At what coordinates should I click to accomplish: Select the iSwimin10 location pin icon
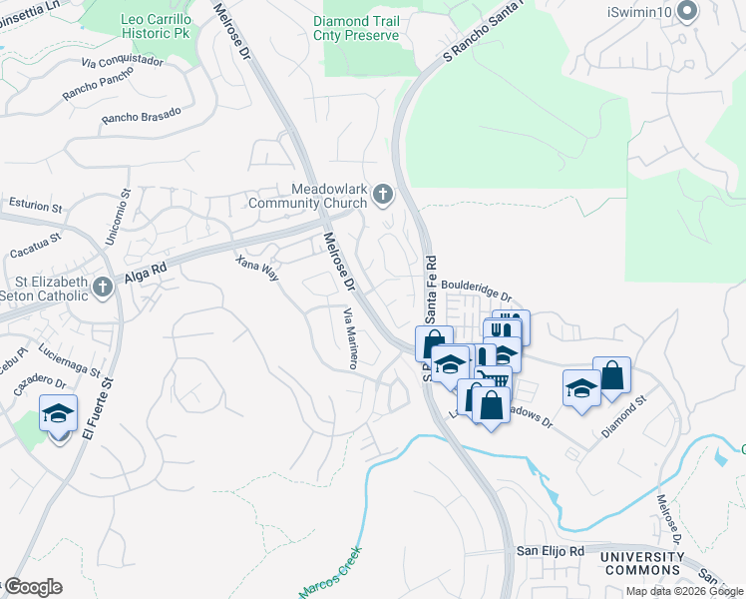tap(686, 11)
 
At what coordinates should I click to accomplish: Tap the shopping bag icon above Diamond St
tap(611, 376)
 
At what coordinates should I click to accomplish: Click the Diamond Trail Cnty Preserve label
tap(356, 28)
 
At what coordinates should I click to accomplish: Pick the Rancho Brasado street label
tap(141, 115)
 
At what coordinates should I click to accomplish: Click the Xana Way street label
tap(256, 269)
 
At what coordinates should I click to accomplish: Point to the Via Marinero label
tap(350, 339)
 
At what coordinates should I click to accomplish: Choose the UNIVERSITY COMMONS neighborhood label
tap(643, 564)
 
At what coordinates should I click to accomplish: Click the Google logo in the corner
tap(33, 586)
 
